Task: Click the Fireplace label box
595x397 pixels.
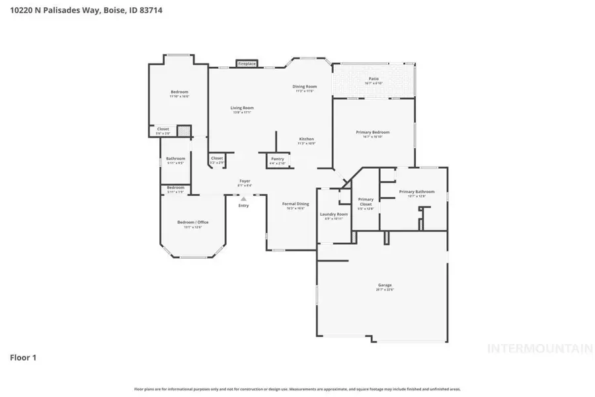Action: (x=247, y=64)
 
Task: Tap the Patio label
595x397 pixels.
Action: (x=374, y=79)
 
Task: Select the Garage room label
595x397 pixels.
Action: (x=385, y=285)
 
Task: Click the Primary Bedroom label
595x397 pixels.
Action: (x=373, y=132)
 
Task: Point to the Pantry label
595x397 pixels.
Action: (x=278, y=159)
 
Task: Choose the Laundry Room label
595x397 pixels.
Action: (x=333, y=214)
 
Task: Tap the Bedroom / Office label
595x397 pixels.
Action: (x=192, y=222)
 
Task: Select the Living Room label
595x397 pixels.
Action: (x=242, y=108)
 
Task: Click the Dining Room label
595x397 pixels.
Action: (x=305, y=87)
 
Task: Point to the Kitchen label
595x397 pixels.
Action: (x=306, y=139)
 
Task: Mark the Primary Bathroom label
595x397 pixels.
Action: (x=416, y=192)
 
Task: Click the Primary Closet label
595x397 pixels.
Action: (x=366, y=201)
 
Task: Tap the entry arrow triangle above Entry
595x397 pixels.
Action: (x=243, y=198)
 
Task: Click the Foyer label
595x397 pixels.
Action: (x=245, y=181)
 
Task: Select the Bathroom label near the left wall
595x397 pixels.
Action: (x=175, y=159)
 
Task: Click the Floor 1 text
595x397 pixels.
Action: (x=23, y=358)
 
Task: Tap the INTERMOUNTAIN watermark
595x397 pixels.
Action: (x=539, y=348)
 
